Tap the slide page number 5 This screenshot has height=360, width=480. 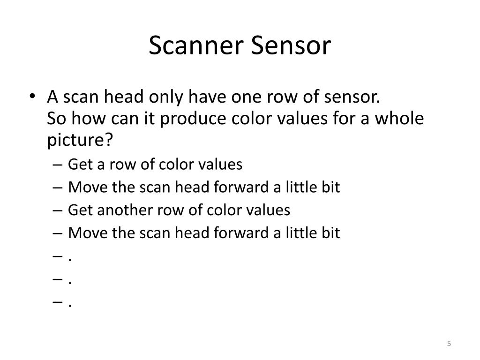pos(449,344)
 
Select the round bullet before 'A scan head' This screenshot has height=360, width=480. pos(32,98)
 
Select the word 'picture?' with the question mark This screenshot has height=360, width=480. pos(81,140)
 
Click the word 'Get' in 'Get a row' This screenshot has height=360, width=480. pos(78,165)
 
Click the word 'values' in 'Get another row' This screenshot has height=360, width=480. pos(270,210)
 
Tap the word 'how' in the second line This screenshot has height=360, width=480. pos(86,119)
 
